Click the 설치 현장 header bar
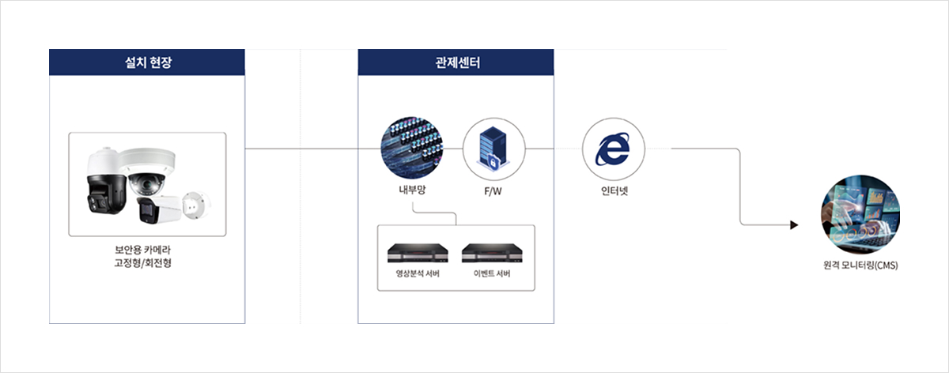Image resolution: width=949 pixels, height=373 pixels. (147, 62)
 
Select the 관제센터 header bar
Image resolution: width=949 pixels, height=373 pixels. (456, 62)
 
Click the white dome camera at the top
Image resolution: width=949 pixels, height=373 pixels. (149, 172)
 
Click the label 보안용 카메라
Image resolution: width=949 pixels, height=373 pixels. (147, 248)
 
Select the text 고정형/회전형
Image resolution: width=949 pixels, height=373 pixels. (147, 262)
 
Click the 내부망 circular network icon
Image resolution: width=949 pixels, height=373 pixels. (411, 148)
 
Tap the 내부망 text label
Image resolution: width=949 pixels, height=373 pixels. (411, 190)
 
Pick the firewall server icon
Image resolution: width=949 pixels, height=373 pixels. (493, 149)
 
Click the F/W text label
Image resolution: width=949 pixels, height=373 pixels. (493, 191)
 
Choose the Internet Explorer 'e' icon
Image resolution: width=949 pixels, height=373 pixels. (614, 149)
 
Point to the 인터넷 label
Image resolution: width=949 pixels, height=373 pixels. (614, 190)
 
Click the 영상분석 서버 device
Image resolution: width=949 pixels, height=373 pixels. (418, 253)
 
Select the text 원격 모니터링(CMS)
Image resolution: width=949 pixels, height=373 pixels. (860, 266)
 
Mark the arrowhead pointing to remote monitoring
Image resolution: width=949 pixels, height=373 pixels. (794, 225)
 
